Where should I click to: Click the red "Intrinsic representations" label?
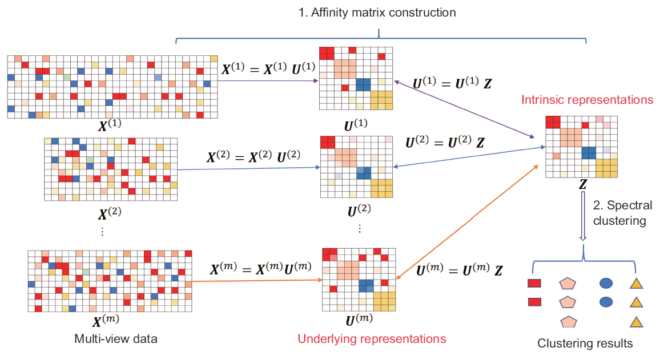tap(586, 100)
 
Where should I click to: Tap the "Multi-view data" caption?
tap(116, 339)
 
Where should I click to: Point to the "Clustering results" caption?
tap(585, 343)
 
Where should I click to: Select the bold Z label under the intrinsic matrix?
tap(582, 184)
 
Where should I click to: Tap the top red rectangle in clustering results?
tap(534, 282)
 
